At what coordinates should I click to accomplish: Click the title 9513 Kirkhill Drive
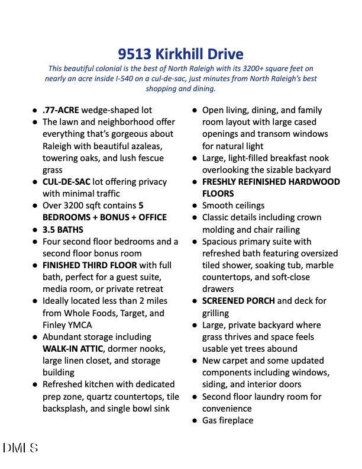tap(180, 54)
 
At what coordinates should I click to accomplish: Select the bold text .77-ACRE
tap(60, 110)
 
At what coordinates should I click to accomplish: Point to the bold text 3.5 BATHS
tap(63, 230)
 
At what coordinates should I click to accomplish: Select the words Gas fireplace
tap(228, 420)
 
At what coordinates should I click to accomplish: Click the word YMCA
tap(80, 325)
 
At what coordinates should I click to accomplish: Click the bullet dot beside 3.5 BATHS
tap(34, 230)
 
